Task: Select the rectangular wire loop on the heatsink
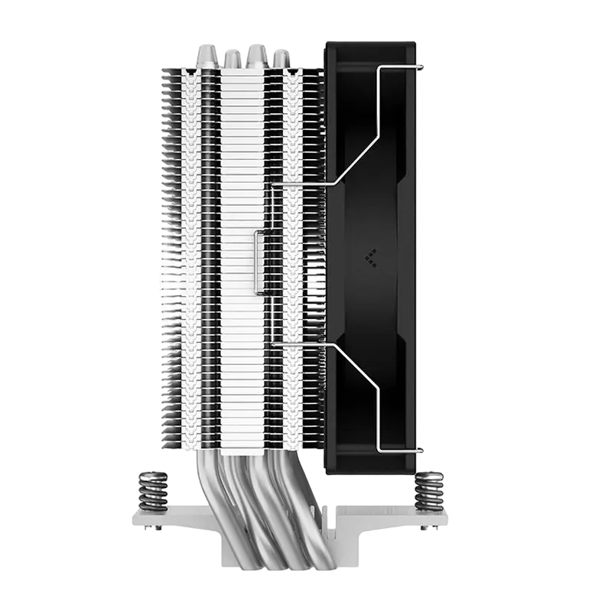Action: point(260,260)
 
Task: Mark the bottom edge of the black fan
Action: point(371,473)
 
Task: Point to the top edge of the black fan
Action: point(371,41)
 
